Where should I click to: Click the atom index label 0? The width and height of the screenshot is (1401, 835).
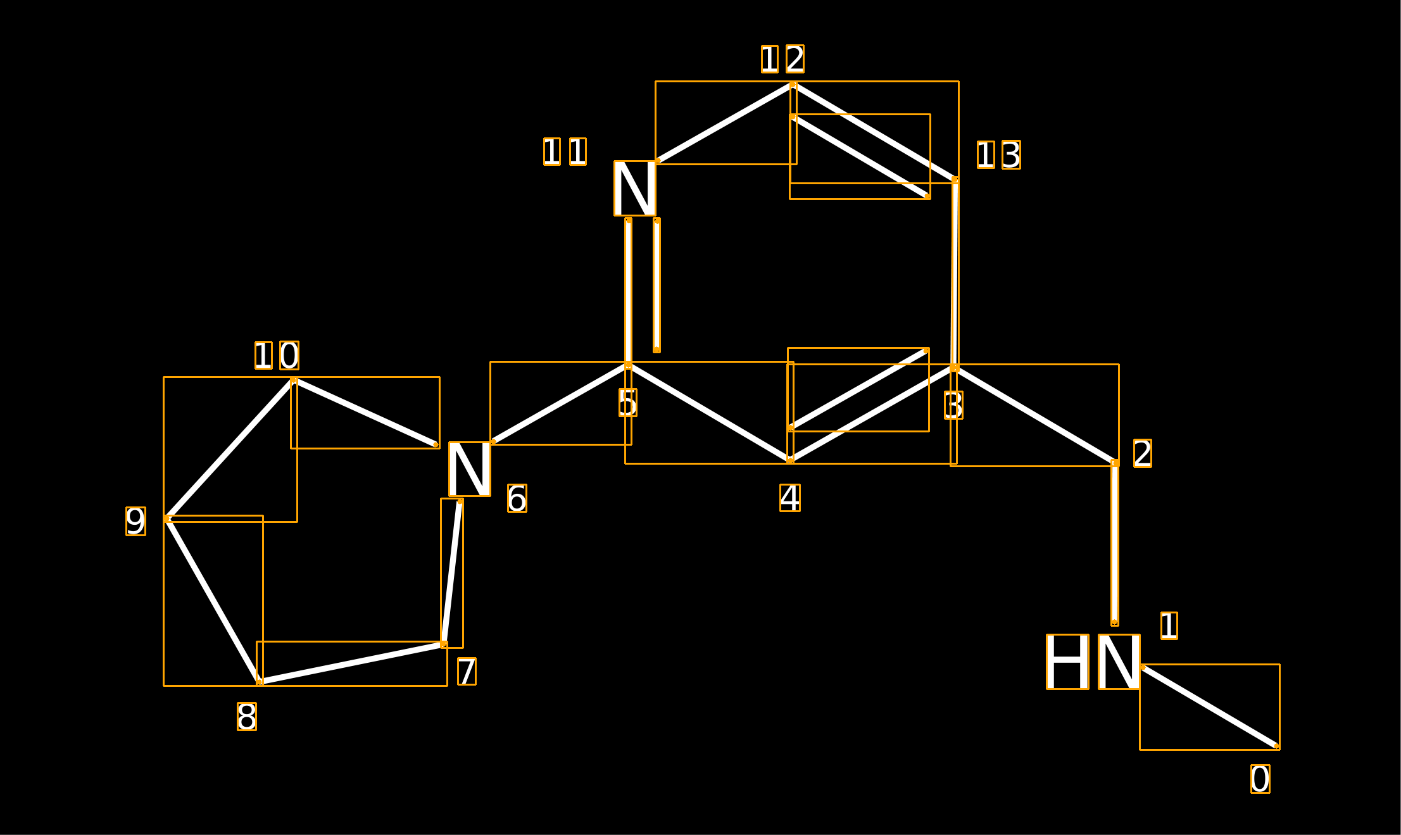[1260, 779]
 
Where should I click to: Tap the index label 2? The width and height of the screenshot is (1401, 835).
[1142, 453]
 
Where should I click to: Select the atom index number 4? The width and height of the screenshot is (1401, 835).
[790, 498]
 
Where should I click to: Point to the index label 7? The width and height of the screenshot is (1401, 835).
[467, 671]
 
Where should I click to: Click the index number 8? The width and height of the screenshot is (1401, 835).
[247, 717]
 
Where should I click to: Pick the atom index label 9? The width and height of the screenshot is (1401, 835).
[135, 521]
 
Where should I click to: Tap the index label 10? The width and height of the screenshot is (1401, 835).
[277, 355]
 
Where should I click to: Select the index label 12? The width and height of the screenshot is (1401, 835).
[782, 59]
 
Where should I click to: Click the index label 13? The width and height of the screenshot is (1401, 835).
[999, 155]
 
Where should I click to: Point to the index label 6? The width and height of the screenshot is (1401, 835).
[517, 498]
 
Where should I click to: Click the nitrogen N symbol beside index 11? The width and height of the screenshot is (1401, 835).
[635, 188]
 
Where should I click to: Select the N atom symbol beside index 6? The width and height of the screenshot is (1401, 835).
[470, 469]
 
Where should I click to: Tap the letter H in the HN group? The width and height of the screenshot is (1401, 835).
[1067, 662]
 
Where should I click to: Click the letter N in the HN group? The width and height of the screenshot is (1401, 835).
[1119, 662]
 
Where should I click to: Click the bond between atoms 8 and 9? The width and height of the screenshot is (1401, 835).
[213, 601]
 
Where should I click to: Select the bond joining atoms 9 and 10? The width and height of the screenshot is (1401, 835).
[230, 449]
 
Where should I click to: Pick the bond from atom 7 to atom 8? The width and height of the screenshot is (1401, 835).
[352, 663]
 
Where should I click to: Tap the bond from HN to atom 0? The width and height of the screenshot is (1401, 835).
[1210, 707]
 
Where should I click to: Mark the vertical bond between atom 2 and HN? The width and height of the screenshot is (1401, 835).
[1115, 543]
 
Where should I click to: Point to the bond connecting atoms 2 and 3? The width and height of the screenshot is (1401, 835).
[1035, 415]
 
